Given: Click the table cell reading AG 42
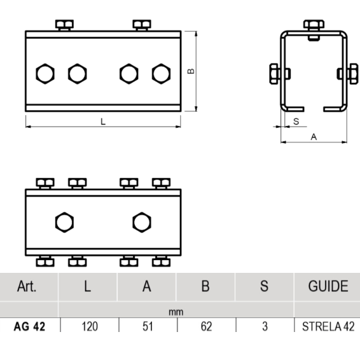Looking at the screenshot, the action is point(29,326).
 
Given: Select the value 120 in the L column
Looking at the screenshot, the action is point(90,326).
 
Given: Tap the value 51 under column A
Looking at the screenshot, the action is point(148,326).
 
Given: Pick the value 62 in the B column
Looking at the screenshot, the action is point(206,326).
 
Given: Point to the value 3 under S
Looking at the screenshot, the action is point(265,326).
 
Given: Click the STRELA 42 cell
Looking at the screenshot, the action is point(328,326).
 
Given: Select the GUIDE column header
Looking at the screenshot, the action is point(328,286).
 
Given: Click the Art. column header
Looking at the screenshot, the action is point(27,286).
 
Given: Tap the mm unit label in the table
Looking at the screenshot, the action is point(176,312).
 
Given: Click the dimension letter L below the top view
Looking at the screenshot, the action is point(103,121).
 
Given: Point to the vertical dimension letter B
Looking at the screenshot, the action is point(191,71).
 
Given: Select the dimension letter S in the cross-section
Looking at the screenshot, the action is point(296,121).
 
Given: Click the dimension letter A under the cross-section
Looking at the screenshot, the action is point(314,137).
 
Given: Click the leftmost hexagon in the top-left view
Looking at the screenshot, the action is point(45,74).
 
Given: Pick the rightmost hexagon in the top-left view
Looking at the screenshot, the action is point(161,74).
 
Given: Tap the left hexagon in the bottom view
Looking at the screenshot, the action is point(64,222).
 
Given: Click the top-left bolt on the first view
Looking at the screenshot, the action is point(64,25).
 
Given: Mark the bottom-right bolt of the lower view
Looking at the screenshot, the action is point(161,261).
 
